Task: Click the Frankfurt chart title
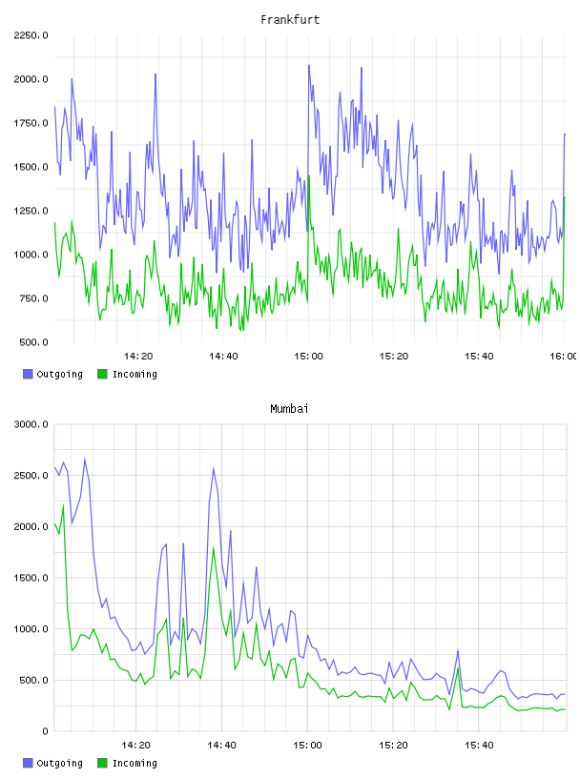pos(290,20)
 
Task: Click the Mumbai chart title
pos(289,409)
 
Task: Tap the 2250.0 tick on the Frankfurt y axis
pos(31,35)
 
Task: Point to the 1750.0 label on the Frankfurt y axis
pos(31,123)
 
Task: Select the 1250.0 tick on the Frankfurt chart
pos(31,211)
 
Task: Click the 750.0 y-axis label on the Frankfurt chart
pos(33,298)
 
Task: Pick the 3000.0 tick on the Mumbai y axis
pos(31,424)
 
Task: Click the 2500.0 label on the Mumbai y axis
pos(31,476)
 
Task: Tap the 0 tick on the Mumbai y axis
pos(45,731)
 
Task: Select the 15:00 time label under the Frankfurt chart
pos(308,357)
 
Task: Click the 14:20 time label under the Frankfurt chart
pos(138,357)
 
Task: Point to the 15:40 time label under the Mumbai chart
pos(479,746)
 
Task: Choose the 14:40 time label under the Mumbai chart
pos(221,746)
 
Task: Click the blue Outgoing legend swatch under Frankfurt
pos(28,374)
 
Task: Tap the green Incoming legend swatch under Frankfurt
pos(102,374)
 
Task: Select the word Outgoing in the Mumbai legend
pos(59,763)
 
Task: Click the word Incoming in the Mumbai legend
pos(135,763)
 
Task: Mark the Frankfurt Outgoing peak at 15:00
pos(309,66)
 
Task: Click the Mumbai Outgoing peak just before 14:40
pos(214,468)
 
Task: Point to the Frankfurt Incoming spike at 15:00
pos(309,176)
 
